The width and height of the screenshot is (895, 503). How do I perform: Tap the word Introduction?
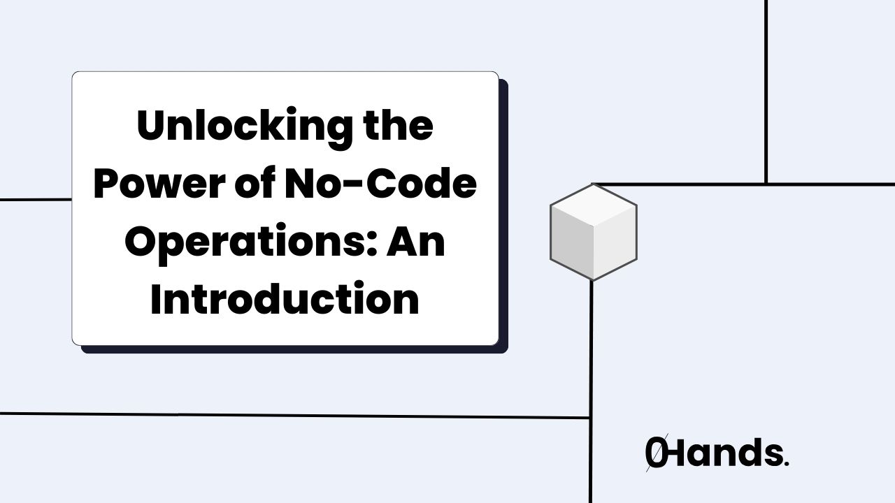[285, 300]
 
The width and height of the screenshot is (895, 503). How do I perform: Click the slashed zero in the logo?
[656, 453]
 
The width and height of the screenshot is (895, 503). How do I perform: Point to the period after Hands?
[787, 462]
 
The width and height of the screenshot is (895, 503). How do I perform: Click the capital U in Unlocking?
[150, 126]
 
